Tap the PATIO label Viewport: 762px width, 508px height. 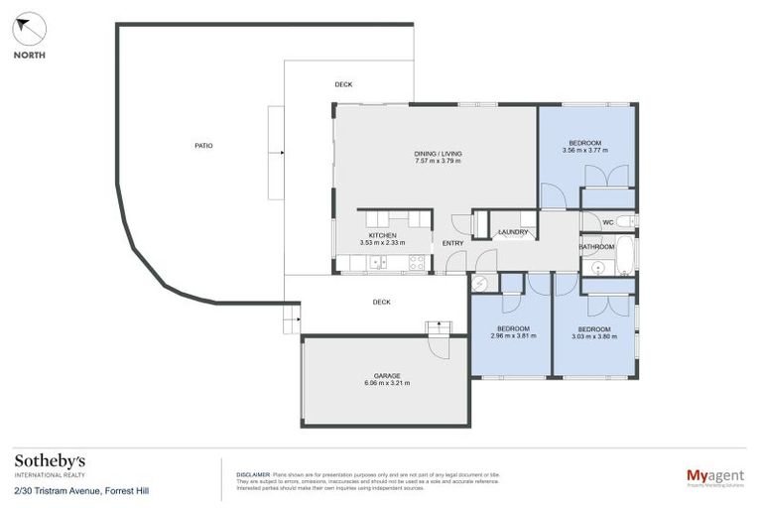pyautogui.click(x=203, y=146)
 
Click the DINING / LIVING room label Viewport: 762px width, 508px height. pyautogui.click(x=438, y=154)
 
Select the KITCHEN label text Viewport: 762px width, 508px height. pyautogui.click(x=383, y=235)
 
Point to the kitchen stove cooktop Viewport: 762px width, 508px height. pyautogui.click(x=418, y=263)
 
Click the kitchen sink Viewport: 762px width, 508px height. pyautogui.click(x=377, y=263)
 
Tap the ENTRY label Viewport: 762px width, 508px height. pyautogui.click(x=453, y=243)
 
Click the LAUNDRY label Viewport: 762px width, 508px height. pyautogui.click(x=513, y=232)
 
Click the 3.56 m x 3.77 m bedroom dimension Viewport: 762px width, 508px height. pyautogui.click(x=584, y=151)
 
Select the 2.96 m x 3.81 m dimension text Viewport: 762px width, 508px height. pyautogui.click(x=513, y=336)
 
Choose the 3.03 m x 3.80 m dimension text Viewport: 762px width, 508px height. pyautogui.click(x=593, y=336)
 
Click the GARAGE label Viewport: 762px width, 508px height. pyautogui.click(x=387, y=375)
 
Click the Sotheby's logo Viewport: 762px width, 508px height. pyautogui.click(x=50, y=461)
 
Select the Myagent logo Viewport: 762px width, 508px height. pyautogui.click(x=716, y=476)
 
